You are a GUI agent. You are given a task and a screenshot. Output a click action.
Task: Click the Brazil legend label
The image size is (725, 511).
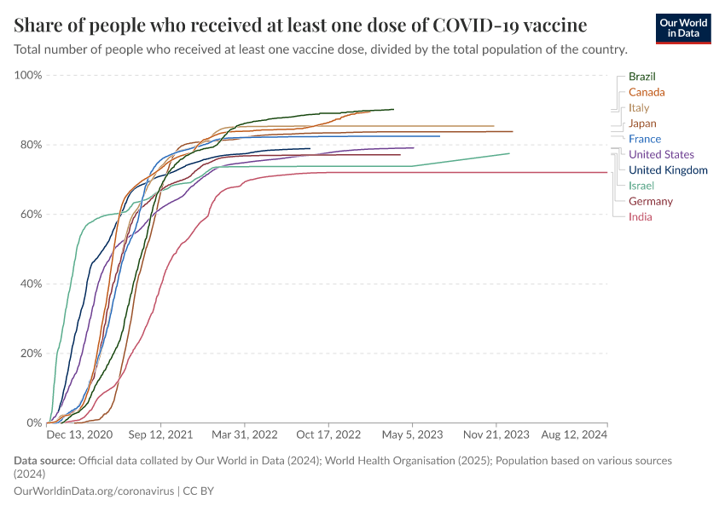(641, 77)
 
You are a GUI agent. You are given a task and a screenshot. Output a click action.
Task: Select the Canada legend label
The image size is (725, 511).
(647, 92)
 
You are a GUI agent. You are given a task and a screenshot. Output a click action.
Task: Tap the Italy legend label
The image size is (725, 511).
(639, 108)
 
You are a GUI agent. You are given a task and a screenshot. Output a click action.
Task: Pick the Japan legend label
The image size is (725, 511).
(642, 123)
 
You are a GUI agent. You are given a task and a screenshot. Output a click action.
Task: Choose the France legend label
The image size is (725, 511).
(644, 139)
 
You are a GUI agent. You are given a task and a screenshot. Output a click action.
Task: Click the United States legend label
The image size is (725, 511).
(661, 154)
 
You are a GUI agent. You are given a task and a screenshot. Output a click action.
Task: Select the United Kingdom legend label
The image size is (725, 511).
(668, 170)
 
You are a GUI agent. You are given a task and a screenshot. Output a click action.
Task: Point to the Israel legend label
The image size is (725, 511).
(641, 186)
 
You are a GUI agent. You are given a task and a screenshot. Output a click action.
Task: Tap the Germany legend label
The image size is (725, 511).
(650, 201)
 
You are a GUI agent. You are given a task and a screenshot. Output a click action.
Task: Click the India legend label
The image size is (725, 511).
(640, 216)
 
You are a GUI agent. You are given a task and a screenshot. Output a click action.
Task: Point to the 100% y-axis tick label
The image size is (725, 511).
(28, 75)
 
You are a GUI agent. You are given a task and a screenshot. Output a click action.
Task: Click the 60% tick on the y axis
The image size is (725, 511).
(31, 214)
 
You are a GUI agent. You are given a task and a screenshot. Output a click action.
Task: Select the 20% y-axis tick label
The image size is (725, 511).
(31, 353)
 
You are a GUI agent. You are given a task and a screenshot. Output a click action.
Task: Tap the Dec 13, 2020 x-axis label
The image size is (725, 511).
(78, 434)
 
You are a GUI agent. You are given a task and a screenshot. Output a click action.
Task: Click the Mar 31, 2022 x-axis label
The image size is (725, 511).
(245, 434)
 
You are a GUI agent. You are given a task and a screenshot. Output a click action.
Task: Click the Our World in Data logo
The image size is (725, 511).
(683, 28)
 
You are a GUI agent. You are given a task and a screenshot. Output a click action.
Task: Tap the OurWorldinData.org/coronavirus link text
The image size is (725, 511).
(94, 491)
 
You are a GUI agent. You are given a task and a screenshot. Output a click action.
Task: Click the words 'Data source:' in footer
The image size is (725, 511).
(44, 461)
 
